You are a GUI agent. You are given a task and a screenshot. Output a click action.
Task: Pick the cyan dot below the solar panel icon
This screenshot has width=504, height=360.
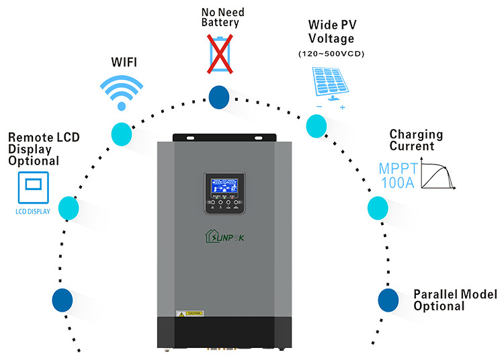316,125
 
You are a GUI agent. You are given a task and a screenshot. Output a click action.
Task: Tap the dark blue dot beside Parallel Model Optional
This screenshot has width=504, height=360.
388,300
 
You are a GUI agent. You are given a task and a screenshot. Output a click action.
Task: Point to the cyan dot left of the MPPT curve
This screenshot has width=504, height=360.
378,208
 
